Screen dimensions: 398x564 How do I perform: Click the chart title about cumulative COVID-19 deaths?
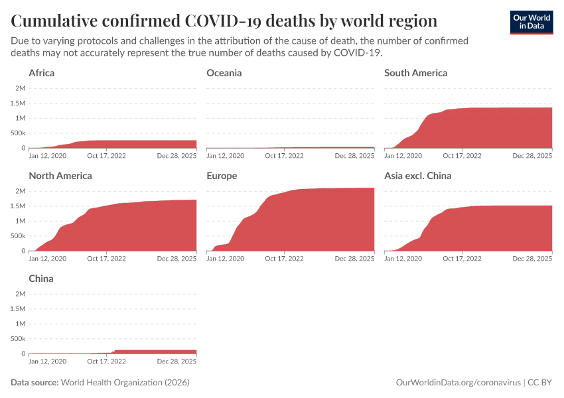pos(224,21)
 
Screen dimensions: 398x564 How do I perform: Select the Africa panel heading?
pos(42,73)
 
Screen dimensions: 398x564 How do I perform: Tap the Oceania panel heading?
pos(224,73)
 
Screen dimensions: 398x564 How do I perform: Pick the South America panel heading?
pos(416,73)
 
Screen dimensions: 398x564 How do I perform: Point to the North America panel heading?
pos(60,176)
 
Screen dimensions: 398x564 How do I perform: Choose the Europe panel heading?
pos(222,176)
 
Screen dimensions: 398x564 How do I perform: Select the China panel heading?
pos(41,279)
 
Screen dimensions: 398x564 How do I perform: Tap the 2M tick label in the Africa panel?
pos(20,88)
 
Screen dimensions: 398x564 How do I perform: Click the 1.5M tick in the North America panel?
pos(17,206)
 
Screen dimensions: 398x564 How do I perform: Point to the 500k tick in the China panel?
pos(17,338)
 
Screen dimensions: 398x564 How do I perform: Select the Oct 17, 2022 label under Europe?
pos(284,259)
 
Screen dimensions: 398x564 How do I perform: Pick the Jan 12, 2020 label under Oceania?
pos(226,156)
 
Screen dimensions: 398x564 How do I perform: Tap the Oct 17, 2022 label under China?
pos(106,362)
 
